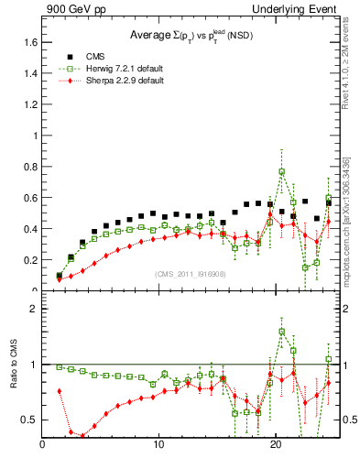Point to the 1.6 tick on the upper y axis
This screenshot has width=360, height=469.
tap(30, 42)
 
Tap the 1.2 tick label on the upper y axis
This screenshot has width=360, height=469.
tap(30, 104)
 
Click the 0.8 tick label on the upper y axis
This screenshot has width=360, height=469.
tap(30, 167)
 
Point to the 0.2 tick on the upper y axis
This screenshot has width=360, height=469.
tap(30, 260)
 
